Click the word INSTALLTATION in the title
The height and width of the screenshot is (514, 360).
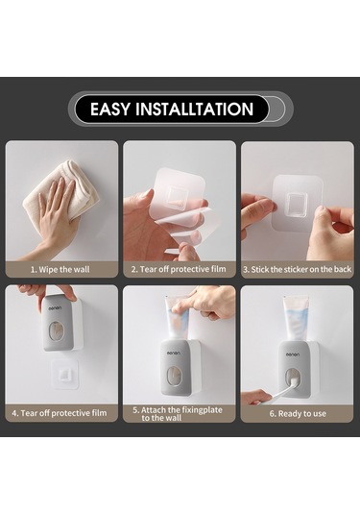(195, 110)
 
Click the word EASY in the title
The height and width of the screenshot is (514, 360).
(110, 110)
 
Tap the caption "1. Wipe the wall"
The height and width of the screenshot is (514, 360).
(60, 270)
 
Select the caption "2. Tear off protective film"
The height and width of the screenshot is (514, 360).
(179, 269)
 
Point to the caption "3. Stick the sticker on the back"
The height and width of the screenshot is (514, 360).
(297, 269)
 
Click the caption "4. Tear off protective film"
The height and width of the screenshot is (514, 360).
(60, 413)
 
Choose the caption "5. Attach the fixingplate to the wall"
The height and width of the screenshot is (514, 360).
(178, 414)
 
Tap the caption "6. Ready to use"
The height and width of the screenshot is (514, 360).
(298, 414)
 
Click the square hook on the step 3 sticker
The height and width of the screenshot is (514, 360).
(298, 206)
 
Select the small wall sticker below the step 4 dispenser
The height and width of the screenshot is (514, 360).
(65, 373)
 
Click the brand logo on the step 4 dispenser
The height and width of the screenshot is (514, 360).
(55, 308)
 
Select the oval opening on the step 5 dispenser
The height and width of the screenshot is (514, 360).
(174, 376)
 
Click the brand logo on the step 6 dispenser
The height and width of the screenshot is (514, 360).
(293, 355)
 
